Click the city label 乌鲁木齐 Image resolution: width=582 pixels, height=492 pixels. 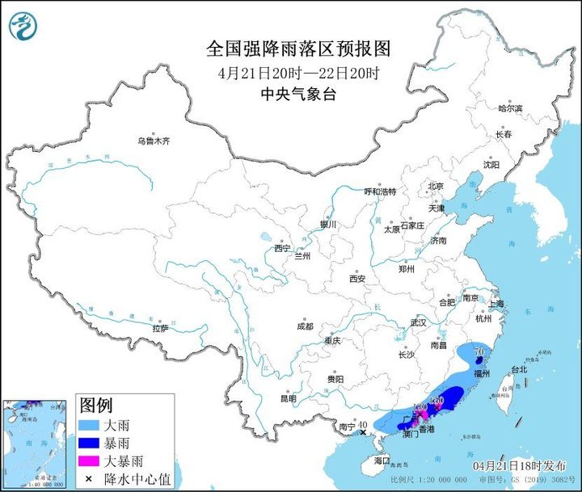pos(154,141)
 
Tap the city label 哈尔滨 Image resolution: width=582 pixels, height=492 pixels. pos(510,108)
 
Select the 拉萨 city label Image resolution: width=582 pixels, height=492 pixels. pos(160,328)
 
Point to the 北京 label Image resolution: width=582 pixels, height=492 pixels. pos(436,186)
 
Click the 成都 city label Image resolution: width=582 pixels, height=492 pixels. pos(304,326)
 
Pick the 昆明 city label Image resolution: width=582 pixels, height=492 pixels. pos(288,397)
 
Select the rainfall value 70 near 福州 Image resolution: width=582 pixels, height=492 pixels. pos(479,352)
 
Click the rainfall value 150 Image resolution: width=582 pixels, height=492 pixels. pos(436,399)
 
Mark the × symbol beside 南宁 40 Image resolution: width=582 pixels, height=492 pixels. pos(364,433)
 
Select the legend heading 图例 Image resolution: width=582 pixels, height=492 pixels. pos(95,405)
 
